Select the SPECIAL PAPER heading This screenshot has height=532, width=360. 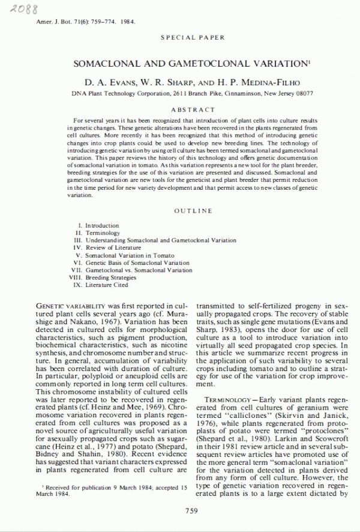pyautogui.click(x=190, y=38)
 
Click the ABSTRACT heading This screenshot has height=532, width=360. pyautogui.click(x=193, y=110)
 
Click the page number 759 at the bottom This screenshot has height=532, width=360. pyautogui.click(x=192, y=510)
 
